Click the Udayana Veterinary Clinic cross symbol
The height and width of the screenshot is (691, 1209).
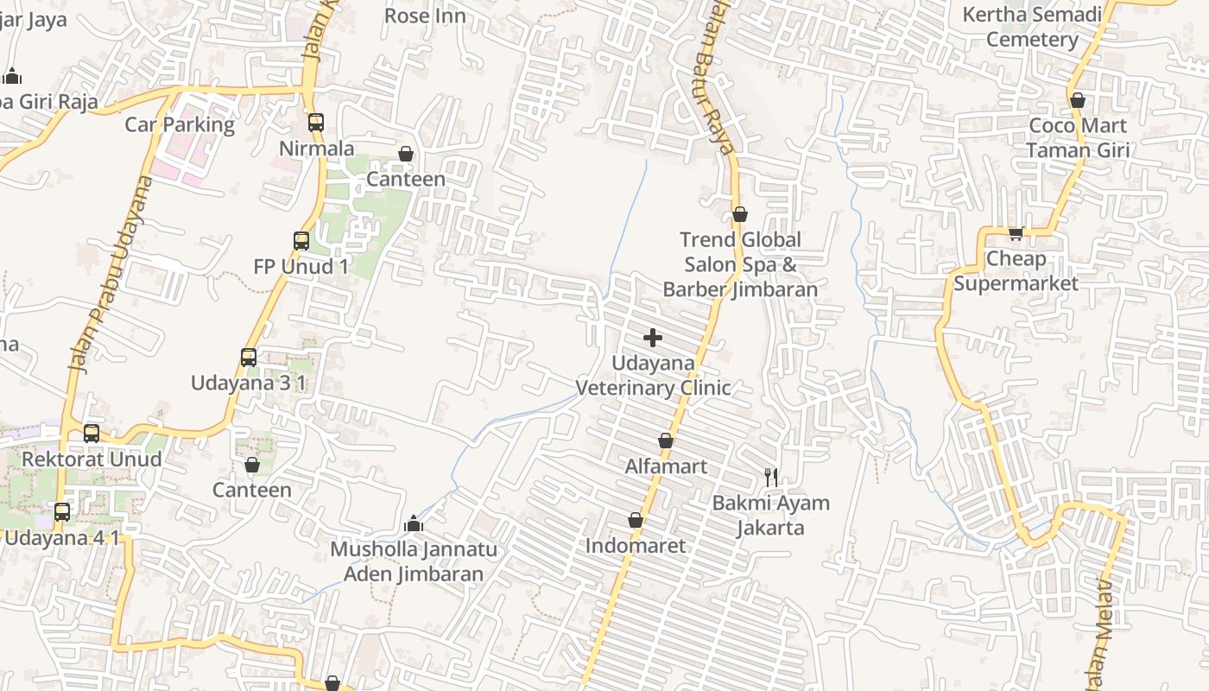tap(653, 337)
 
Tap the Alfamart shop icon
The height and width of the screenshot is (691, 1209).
tap(666, 441)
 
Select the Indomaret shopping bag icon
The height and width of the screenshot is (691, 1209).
tap(636, 520)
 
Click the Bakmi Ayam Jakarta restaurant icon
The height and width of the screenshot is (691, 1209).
tap(771, 477)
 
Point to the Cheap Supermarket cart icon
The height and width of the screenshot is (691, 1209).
tap(1016, 233)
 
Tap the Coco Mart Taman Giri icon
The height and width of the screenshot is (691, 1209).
tap(1077, 100)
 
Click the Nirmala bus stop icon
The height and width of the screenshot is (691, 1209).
tap(316, 123)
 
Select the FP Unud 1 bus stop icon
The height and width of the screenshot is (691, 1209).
tap(301, 241)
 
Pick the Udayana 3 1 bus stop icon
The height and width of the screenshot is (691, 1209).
tap(249, 357)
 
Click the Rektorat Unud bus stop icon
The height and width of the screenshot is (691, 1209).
tap(92, 434)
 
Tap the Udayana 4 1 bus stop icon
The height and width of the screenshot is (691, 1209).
tap(62, 512)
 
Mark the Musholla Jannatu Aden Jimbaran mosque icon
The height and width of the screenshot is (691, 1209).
tap(414, 524)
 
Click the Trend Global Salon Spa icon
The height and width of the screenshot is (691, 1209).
tap(740, 214)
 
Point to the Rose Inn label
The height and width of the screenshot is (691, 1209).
tap(425, 16)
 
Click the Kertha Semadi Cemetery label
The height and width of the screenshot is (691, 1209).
tap(1032, 27)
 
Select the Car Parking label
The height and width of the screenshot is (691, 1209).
tap(180, 124)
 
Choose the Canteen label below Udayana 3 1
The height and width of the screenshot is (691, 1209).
tap(252, 490)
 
